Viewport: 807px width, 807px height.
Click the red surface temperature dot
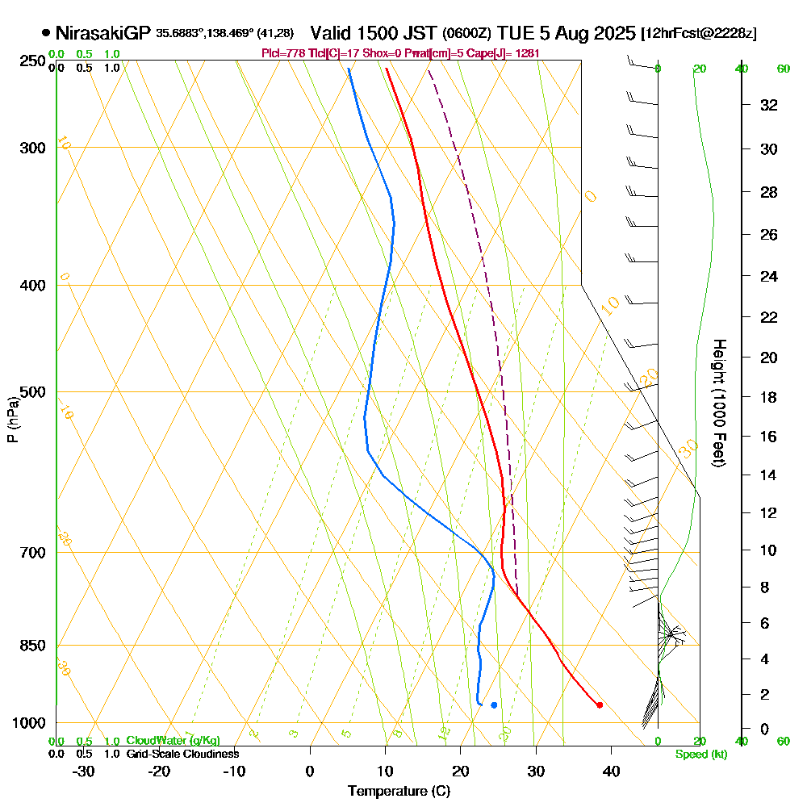tap(599, 705)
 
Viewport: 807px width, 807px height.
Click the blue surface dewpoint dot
tap(494, 705)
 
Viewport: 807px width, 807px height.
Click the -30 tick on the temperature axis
tap(84, 771)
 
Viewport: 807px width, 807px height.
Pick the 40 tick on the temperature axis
tap(611, 771)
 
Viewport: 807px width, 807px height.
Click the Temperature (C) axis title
tap(399, 792)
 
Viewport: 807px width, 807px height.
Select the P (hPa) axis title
tap(12, 420)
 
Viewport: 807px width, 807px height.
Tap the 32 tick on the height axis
tap(770, 105)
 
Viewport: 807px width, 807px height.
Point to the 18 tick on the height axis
tap(770, 397)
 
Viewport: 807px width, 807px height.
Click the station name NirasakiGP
tap(102, 33)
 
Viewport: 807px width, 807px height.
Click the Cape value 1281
tap(525, 53)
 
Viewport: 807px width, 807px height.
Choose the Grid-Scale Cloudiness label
tap(182, 754)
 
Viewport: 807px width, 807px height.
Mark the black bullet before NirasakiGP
tap(45, 33)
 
